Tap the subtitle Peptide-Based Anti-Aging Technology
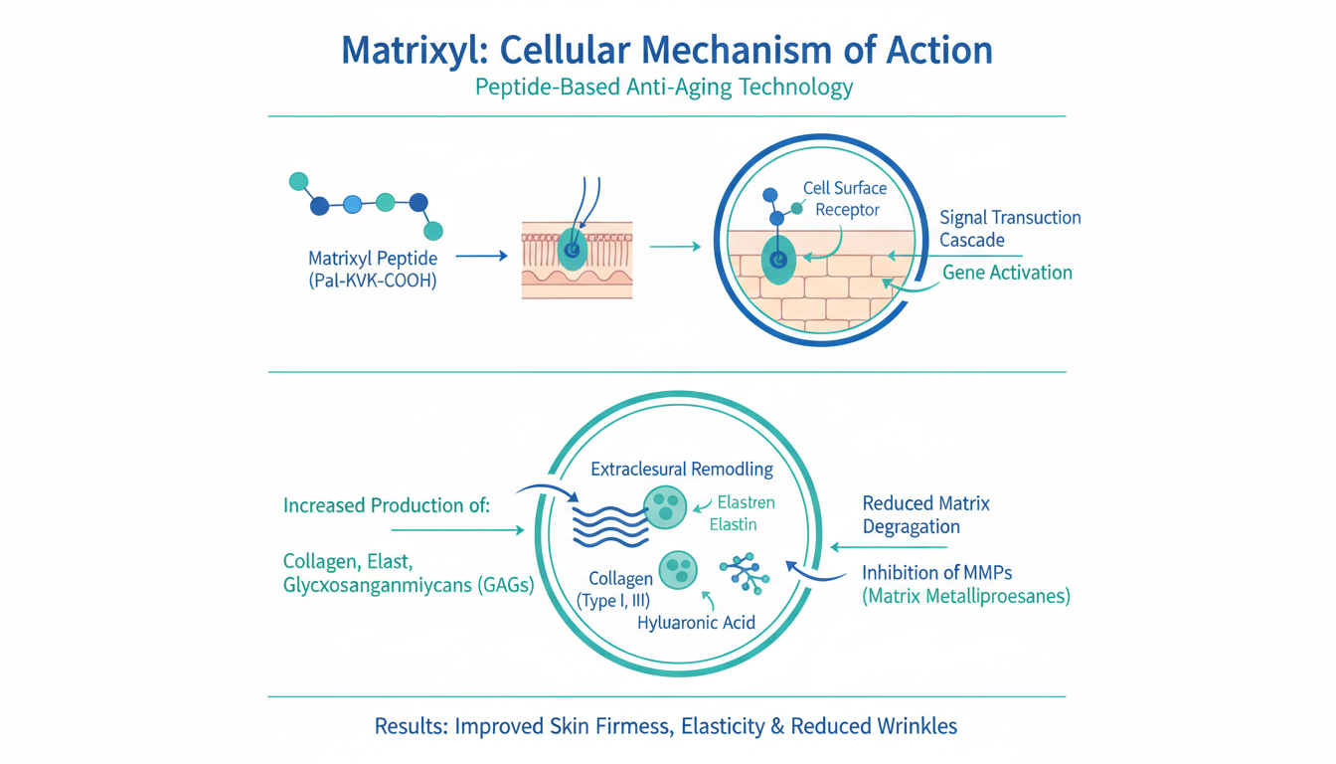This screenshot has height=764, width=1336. coord(664,88)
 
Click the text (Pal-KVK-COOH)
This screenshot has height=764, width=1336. coord(372,282)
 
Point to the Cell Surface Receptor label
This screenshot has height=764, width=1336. coord(845,199)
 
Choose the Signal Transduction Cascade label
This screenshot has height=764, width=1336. coord(1010,229)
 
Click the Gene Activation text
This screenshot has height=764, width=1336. coord(1007,273)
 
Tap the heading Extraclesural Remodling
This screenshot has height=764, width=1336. coord(681,469)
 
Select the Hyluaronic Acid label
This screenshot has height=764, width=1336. coord(696,623)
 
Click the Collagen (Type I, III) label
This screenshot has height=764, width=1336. coord(620,589)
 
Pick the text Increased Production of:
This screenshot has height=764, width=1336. coord(387,505)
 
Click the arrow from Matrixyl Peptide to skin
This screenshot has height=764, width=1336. coord(481,257)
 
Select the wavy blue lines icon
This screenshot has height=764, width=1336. coord(611,524)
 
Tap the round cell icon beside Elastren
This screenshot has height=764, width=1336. coord(664,506)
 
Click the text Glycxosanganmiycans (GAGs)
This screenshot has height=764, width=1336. coord(409,586)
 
